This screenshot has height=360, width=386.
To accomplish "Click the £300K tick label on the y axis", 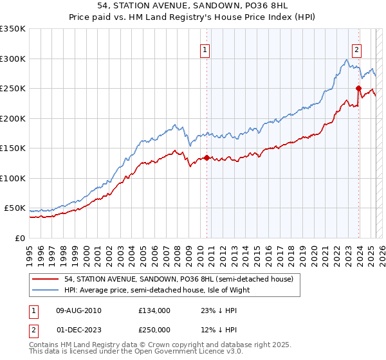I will [x=13, y=59].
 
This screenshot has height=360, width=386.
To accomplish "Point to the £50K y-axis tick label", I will [x=15, y=208].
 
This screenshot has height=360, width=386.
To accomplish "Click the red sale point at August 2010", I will [x=207, y=157].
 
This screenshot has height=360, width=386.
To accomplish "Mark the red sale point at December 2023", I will [x=358, y=88].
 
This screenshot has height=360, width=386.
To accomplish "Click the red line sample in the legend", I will [x=47, y=279].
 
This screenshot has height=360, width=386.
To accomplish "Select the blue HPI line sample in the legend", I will [x=47, y=290].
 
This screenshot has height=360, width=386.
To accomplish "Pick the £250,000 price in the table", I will [x=154, y=330].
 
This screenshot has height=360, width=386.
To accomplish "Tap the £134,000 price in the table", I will [x=154, y=310].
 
